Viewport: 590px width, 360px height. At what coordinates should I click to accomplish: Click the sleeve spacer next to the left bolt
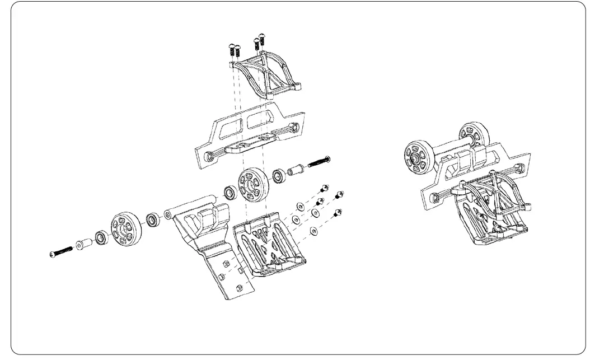[x=83, y=245]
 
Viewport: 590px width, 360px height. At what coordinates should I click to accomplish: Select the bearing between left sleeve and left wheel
[x=101, y=237]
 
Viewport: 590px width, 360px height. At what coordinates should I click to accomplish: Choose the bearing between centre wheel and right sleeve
[x=279, y=176]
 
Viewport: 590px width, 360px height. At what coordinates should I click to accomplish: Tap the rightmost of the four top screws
[x=261, y=40]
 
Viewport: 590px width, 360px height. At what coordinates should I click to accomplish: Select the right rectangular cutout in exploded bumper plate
[x=262, y=119]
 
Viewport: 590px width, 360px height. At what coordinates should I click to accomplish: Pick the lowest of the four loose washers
[x=313, y=230]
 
